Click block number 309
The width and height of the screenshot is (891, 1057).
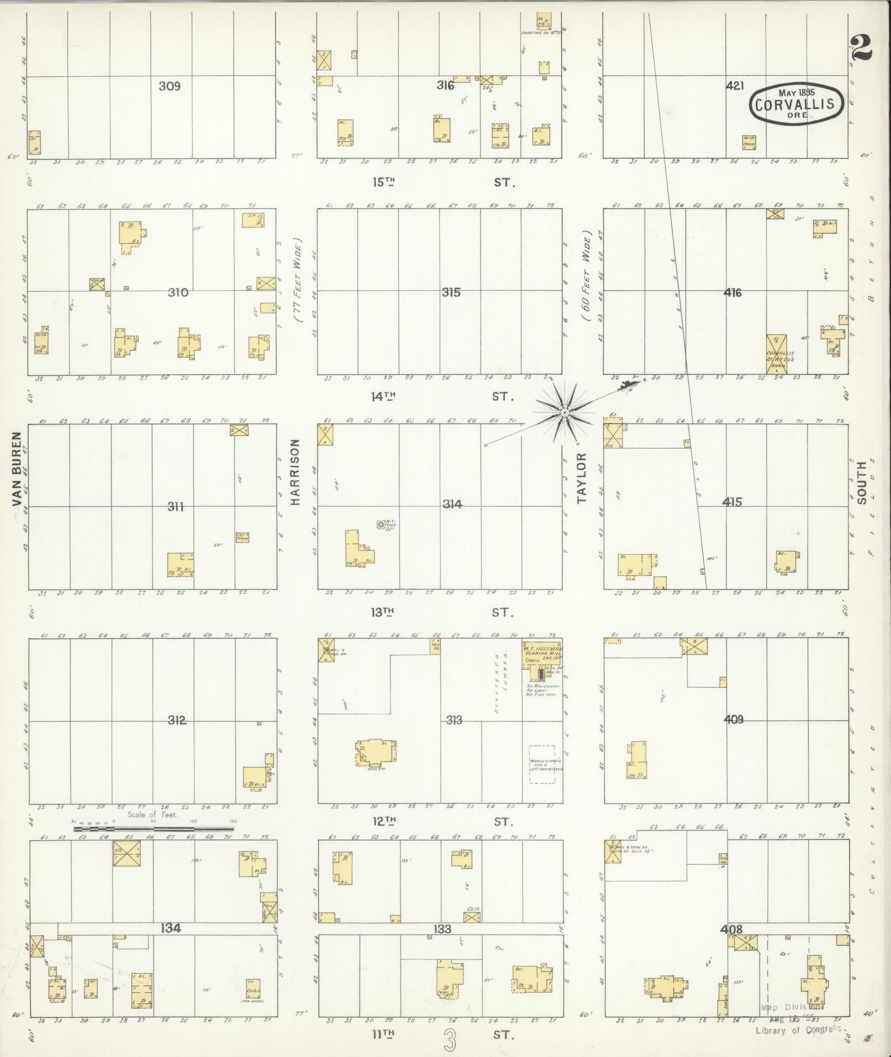click(170, 86)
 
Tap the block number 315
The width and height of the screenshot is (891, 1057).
click(451, 292)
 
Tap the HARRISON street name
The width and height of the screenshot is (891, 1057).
click(295, 472)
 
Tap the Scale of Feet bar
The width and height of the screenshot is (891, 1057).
click(154, 829)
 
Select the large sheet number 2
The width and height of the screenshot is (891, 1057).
click(861, 48)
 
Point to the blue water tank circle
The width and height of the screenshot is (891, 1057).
click(381, 524)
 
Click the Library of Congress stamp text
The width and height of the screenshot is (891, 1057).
click(798, 1029)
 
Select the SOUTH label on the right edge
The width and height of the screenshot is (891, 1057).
click(862, 482)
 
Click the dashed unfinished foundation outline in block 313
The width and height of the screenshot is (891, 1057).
click(542, 764)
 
